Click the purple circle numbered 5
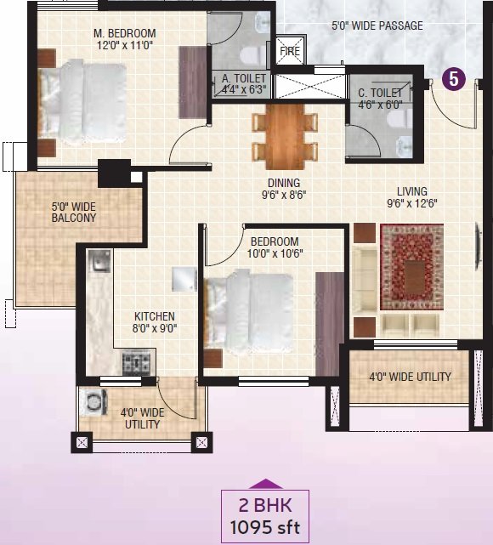[x=453, y=79]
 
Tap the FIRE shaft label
[x=290, y=51]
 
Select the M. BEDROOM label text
[x=125, y=33]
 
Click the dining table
[x=285, y=136]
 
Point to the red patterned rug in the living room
[x=411, y=267]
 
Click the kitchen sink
[x=99, y=261]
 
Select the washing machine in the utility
[x=93, y=402]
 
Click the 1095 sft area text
[x=264, y=528]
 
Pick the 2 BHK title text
[x=265, y=505]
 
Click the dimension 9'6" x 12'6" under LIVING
[x=412, y=203]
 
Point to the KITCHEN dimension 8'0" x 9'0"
[x=155, y=328]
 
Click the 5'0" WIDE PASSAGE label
[x=377, y=26]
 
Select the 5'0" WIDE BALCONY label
[x=74, y=213]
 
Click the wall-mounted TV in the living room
[x=478, y=246]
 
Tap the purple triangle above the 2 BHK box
[x=265, y=484]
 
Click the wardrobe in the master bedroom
[x=193, y=82]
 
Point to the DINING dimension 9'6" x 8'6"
[x=284, y=195]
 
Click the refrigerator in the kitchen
[x=184, y=279]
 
